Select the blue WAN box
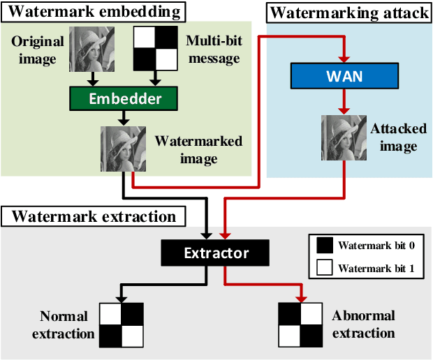344,75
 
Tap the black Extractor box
216,252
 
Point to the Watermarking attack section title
348,13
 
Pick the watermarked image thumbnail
123,149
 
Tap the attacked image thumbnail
344,138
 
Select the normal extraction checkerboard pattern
121,325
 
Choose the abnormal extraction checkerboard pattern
300,325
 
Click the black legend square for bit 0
323,245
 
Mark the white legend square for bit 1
323,267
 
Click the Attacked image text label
394,137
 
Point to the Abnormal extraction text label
363,324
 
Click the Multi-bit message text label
214,50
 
